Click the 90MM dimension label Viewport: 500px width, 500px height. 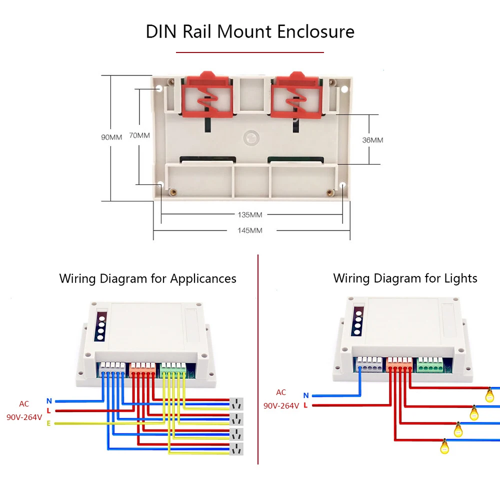[111, 137]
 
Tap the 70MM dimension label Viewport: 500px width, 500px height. [139, 135]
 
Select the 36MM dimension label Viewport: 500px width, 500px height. [372, 140]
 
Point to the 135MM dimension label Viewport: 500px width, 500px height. [249, 215]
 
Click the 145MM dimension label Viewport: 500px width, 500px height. [249, 230]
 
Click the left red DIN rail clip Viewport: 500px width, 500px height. [207, 94]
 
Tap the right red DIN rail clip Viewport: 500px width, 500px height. [296, 94]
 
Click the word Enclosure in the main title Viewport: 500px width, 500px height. [315, 32]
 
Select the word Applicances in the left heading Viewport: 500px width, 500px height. [203, 278]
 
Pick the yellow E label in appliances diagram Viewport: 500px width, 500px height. [48, 423]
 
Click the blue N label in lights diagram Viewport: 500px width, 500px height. [306, 395]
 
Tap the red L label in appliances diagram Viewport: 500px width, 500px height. [48, 410]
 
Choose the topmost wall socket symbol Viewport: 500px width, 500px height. [236, 404]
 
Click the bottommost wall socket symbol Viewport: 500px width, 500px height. [236, 448]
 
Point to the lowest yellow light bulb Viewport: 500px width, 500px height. [444, 446]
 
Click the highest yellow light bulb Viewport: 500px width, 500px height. [489, 394]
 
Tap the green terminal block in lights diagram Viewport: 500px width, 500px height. [430, 365]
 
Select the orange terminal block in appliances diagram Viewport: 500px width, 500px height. [142, 370]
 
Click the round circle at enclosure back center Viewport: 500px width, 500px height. [251, 138]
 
